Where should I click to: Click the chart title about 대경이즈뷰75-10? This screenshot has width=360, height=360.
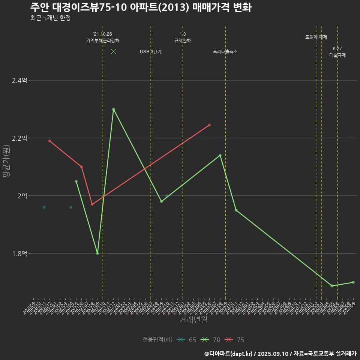[141, 7]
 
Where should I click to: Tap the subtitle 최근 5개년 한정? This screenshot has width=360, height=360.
[50, 18]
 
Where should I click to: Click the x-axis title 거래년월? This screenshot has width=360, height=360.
[193, 320]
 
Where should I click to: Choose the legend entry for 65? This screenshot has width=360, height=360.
[187, 340]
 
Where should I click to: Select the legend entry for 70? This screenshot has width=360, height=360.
[211, 340]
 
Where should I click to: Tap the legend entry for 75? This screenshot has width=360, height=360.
[235, 340]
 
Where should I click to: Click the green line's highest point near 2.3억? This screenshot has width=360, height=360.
[113, 109]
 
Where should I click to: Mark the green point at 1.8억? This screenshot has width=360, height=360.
[97, 253]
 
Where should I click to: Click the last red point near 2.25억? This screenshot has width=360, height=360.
[209, 125]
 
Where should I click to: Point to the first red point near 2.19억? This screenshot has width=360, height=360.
[49, 141]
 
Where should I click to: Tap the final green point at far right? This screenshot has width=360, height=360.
[353, 282]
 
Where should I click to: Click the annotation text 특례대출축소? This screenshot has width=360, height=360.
[225, 52]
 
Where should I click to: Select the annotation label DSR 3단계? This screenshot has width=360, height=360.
[151, 52]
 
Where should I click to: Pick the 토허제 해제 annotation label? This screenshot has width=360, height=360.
[316, 37]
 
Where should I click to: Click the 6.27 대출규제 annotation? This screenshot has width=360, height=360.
[337, 52]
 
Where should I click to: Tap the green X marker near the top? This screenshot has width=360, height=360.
[114, 51]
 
